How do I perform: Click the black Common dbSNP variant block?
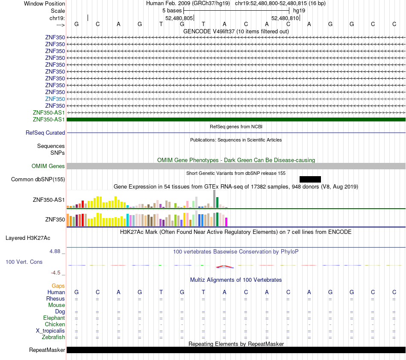click(x=310, y=179)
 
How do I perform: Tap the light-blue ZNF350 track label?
click(x=55, y=99)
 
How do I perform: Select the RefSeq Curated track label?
click(x=45, y=133)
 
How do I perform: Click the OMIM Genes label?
click(x=48, y=166)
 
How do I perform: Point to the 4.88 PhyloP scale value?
click(x=55, y=251)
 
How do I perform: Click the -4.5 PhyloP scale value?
click(x=56, y=272)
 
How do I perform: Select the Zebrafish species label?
click(x=53, y=337)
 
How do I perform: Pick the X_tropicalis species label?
click(x=50, y=331)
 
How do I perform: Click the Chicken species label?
click(x=55, y=324)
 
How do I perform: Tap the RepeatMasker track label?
click(x=47, y=350)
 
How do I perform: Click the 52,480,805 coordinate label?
click(x=179, y=18)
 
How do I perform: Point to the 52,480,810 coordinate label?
click(x=285, y=18)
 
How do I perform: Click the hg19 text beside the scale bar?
click(x=299, y=11)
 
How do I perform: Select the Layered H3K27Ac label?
click(x=28, y=238)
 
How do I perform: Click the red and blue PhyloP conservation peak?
click(x=225, y=266)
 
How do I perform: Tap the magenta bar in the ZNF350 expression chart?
click(x=227, y=222)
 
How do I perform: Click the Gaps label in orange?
click(x=58, y=286)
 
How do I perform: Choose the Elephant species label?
click(x=54, y=318)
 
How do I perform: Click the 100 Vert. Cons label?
click(x=24, y=262)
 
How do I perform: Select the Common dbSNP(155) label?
click(x=38, y=179)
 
